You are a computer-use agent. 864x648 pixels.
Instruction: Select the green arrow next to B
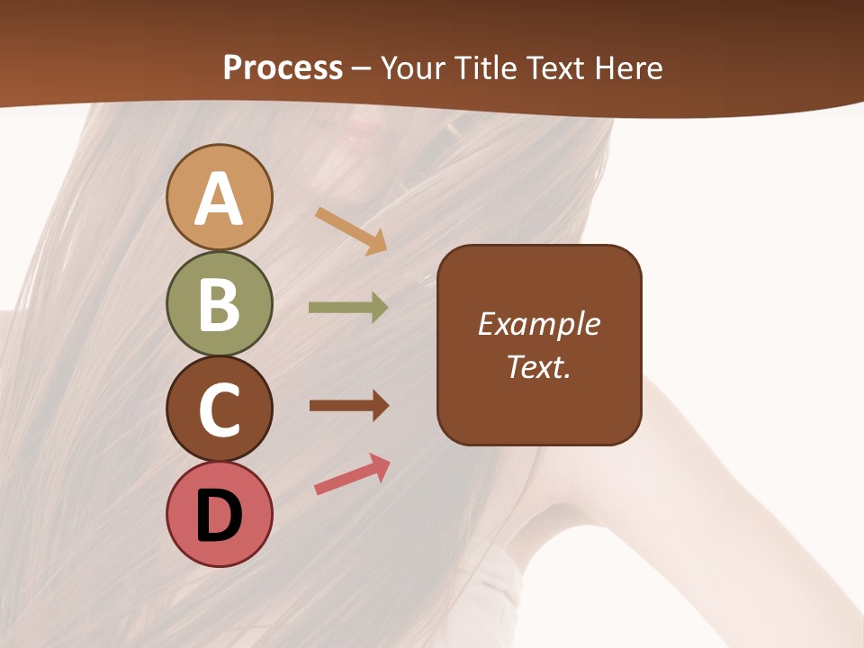click(348, 308)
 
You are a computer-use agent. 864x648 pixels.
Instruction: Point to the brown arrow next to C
click(349, 406)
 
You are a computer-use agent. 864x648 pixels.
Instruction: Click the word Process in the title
click(283, 68)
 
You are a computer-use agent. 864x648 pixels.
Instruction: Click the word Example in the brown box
click(539, 324)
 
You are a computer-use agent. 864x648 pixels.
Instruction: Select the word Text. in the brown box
click(539, 366)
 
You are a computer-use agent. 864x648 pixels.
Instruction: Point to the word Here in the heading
click(629, 68)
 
